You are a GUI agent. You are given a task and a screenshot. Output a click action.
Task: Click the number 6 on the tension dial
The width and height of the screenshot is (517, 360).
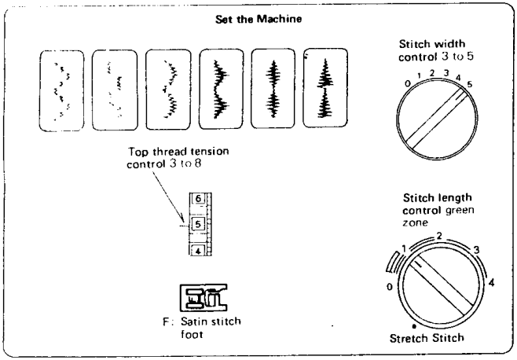point(199,200)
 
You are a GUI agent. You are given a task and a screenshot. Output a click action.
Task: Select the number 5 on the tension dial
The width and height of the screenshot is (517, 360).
point(199,225)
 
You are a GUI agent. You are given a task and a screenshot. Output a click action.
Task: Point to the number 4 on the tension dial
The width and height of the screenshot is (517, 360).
point(199,249)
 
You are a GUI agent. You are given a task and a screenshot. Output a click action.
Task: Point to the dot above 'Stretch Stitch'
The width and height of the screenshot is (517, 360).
point(414,325)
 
